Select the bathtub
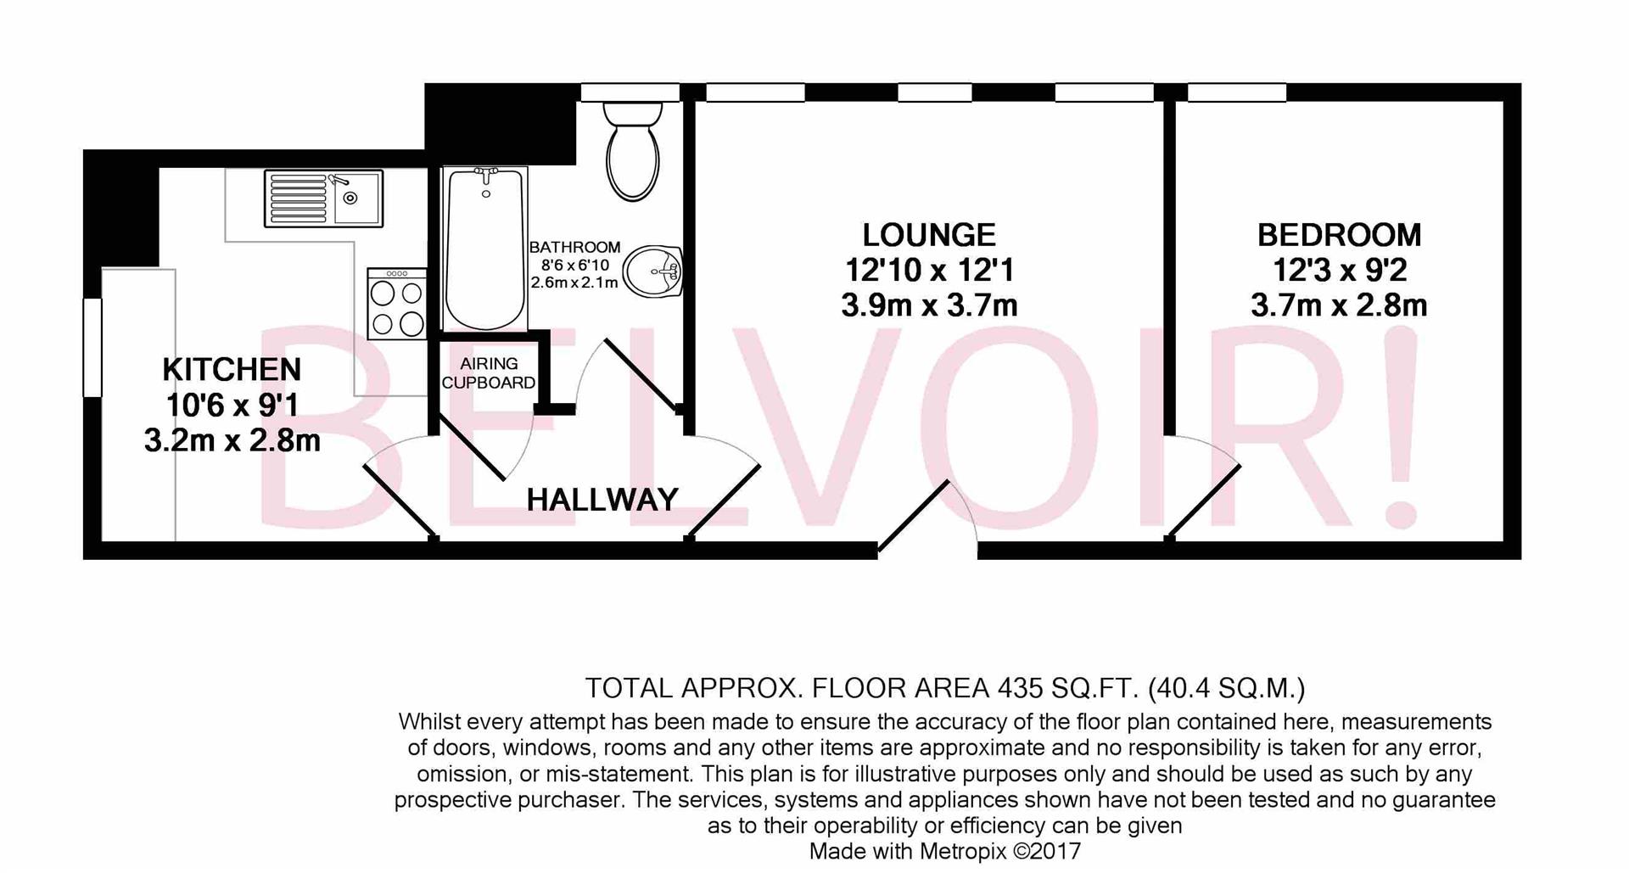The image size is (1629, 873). point(485,248)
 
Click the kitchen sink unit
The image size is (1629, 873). point(323,199)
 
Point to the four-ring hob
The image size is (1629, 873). point(397,305)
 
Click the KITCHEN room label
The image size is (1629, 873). point(232,370)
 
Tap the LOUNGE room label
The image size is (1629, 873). point(929,235)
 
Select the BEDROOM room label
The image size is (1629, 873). point(1339,235)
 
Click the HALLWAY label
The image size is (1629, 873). point(602,500)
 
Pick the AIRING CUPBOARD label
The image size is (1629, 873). point(489,373)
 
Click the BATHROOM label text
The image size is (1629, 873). point(574,247)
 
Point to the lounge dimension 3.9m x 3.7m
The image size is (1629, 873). point(929,305)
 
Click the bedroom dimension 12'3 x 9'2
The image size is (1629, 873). point(1339,271)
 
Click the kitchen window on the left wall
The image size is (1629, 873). point(92,346)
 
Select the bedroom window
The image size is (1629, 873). point(1236,92)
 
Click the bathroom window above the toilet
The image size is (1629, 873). point(630,92)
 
